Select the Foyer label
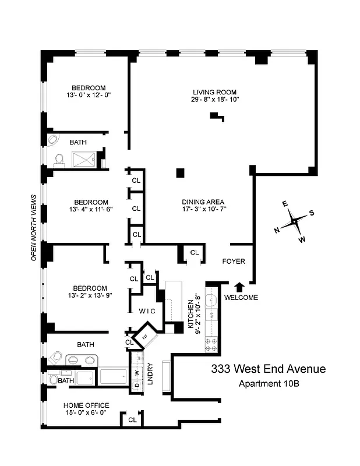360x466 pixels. coord(234,262)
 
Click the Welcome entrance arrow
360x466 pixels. coord(239,285)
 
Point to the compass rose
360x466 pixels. coord(295,221)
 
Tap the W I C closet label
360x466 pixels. coord(147,311)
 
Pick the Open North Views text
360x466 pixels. coord(34,227)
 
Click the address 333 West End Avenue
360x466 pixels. coord(268,369)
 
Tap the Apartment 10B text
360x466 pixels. coord(268,383)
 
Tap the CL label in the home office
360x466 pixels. coord(132,419)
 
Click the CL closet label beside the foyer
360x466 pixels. coord(194,253)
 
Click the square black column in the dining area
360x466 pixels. coord(181,172)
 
